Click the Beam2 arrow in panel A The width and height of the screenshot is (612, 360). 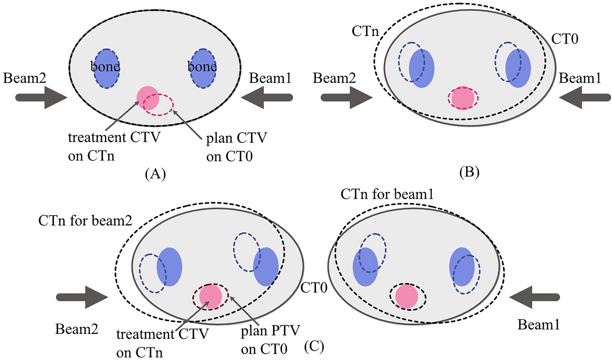41,98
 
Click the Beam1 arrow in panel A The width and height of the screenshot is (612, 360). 267,98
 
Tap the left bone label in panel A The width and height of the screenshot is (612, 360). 105,66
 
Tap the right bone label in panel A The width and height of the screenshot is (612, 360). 202,66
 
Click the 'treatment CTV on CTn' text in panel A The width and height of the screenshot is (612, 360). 114,147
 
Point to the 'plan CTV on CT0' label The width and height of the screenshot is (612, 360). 236,147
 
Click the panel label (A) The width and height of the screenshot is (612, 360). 155,174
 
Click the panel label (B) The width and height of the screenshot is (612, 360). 469,173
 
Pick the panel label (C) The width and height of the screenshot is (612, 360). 314,347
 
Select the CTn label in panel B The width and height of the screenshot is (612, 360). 365,31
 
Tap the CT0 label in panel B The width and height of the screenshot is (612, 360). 565,39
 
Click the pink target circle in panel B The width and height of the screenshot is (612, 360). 463,98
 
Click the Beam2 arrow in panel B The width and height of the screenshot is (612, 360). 347,98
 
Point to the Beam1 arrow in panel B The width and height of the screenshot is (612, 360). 585,98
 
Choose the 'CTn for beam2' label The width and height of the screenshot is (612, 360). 85,221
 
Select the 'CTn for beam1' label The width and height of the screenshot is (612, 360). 387,194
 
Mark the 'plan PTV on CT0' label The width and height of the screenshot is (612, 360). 270,340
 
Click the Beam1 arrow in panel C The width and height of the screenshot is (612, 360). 534,297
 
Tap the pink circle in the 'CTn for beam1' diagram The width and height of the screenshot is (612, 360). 407,296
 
